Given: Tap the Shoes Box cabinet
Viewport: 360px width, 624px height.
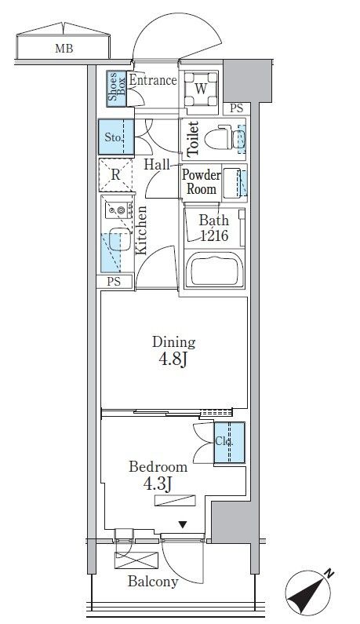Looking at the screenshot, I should click(115, 89).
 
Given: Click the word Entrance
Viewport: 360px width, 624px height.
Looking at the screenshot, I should click(152, 79).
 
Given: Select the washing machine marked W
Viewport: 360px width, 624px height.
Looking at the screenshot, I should click(200, 89).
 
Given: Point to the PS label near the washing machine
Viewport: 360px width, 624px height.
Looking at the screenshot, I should click(236, 109).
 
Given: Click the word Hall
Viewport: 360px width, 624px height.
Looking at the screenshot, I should click(158, 164).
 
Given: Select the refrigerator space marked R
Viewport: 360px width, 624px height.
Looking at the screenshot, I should click(115, 174).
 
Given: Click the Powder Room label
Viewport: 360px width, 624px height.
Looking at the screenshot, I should click(201, 181).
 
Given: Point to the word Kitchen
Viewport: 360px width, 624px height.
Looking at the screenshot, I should click(143, 230).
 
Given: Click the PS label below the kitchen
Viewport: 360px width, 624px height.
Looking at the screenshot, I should click(115, 281).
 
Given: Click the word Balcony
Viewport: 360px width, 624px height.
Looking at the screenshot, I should click(155, 582).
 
